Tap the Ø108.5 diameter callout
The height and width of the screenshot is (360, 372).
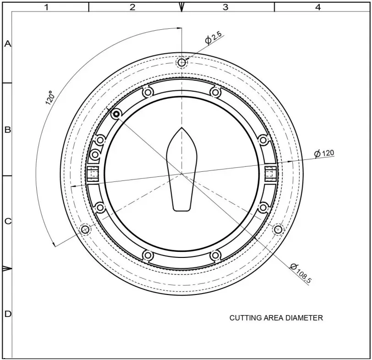tap(300, 273)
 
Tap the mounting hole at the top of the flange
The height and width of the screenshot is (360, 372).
tap(182, 62)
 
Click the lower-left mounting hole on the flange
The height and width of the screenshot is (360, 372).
tap(85, 229)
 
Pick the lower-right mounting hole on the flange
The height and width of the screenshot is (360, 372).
tap(279, 229)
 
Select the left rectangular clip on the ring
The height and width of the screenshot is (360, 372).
tap(93, 174)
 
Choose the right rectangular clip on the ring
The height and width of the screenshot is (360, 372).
tap(271, 174)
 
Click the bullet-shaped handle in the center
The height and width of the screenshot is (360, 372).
tap(182, 169)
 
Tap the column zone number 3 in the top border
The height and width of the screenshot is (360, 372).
tap(225, 7)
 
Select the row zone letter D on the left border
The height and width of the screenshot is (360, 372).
tap(7, 314)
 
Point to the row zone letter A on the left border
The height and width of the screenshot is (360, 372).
tap(7, 44)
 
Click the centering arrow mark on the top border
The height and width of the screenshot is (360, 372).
tap(182, 7)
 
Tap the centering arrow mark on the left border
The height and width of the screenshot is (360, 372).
tap(7, 268)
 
